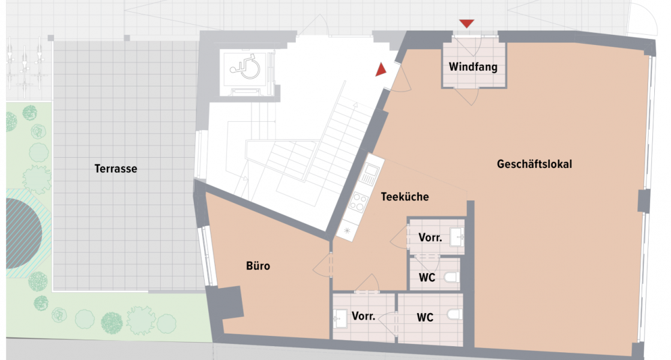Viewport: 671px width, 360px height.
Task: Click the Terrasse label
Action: [x=116, y=169]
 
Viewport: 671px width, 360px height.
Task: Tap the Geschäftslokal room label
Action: [x=534, y=164]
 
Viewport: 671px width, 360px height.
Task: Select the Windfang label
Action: [x=473, y=67]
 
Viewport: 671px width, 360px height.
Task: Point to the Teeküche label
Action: [x=405, y=196]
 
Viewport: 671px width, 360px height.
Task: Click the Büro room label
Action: [x=258, y=266]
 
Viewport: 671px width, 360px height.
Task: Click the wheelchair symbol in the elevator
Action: [x=247, y=67]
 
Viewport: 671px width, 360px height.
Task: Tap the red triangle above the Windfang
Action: [x=466, y=23]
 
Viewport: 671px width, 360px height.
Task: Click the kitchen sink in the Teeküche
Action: [x=368, y=175]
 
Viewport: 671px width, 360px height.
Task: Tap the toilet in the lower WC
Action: [x=454, y=315]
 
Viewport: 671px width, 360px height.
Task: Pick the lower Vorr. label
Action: [x=363, y=316]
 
